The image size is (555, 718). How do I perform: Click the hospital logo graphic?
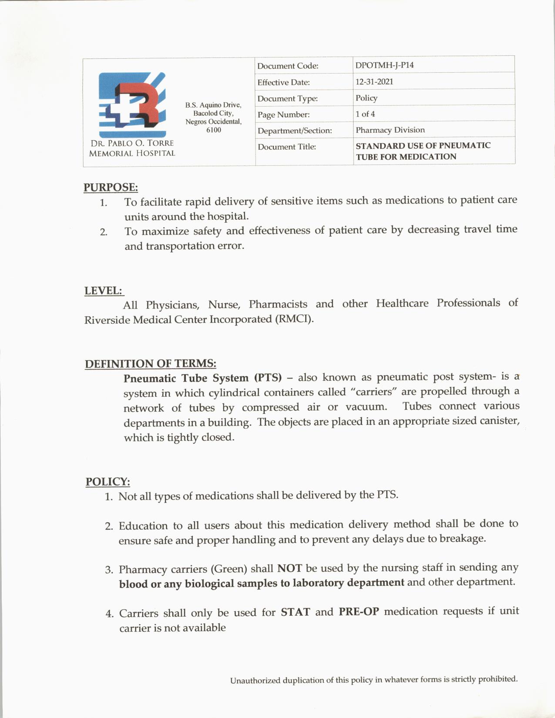[132, 105]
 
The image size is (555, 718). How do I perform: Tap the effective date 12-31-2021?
[374, 82]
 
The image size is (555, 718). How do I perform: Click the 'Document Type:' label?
[287, 99]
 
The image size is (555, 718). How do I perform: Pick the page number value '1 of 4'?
[365, 114]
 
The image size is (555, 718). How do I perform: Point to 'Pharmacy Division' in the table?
[390, 130]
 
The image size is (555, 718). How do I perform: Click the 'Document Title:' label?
[287, 147]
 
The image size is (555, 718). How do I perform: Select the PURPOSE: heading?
[111, 188]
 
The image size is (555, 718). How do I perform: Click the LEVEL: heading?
[103, 291]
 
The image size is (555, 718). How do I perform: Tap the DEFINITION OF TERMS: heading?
[150, 364]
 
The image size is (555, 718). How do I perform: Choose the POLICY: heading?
[108, 482]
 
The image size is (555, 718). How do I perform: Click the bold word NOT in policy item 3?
[289, 568]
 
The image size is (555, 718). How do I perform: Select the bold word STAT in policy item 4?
[295, 612]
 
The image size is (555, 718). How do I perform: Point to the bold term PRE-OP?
[359, 612]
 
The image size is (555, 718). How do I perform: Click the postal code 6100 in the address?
[213, 130]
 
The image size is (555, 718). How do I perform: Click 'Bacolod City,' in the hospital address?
[213, 113]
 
